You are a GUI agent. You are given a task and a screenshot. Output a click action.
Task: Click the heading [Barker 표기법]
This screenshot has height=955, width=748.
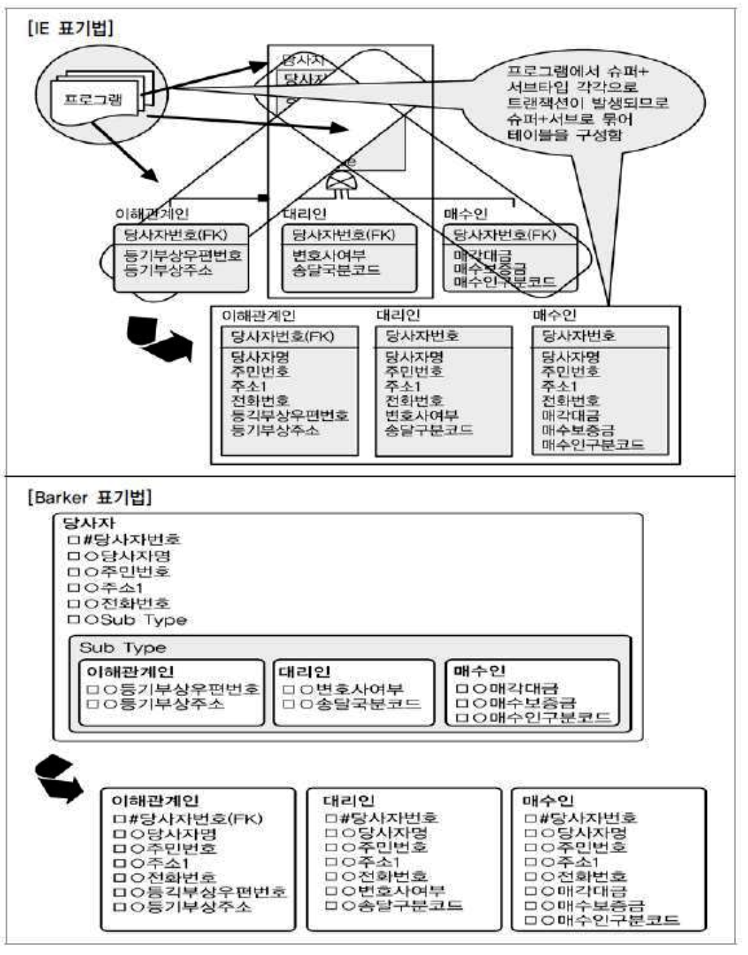click(89, 496)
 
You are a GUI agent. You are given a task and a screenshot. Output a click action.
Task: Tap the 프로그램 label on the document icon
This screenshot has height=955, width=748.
click(93, 99)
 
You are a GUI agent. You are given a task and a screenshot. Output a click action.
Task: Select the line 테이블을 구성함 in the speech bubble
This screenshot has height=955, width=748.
click(564, 134)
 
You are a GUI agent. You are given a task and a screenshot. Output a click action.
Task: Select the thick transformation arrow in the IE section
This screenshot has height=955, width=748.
click(159, 338)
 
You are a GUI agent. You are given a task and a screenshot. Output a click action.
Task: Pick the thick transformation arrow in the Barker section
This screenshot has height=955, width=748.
click(59, 778)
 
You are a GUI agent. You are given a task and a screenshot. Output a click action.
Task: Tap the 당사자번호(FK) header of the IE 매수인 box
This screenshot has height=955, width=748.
click(504, 235)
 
